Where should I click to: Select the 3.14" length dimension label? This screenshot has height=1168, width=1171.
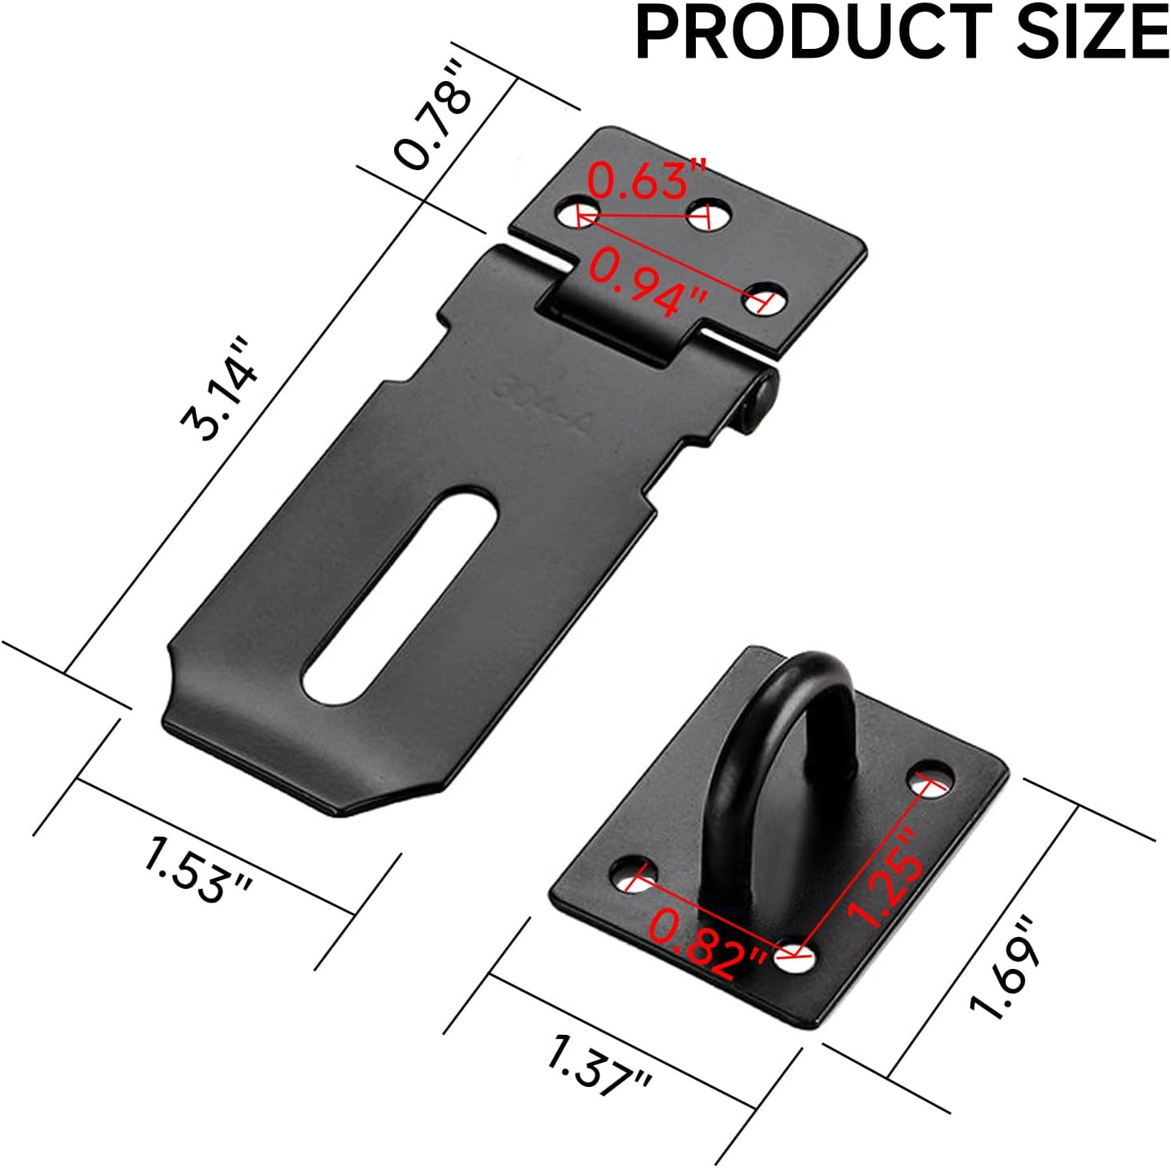221,391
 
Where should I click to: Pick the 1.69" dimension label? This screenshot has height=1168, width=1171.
1006,967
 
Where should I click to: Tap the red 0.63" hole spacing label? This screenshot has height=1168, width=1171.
647,181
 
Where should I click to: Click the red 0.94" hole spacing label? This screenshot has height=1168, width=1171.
649,282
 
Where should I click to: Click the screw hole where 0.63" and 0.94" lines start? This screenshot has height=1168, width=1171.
576,213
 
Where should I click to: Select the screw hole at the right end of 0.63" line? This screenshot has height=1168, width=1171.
710,214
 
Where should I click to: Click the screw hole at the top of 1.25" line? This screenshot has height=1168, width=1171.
930,779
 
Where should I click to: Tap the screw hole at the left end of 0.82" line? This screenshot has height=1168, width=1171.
632,877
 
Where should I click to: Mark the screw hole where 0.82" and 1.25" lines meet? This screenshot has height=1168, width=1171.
795,957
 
